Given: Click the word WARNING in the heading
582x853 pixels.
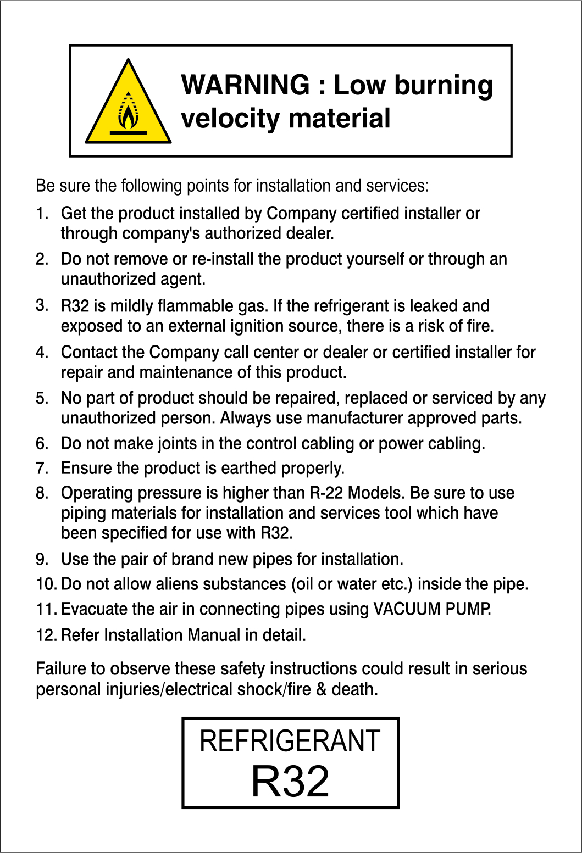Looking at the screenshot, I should tap(246, 85).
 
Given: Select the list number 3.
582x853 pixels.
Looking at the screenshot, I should tap(42, 305).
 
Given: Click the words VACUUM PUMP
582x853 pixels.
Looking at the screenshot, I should tap(432, 609).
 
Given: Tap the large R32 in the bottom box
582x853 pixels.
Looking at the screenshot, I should tap(290, 781).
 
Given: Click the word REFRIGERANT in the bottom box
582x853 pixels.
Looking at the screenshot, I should tap(290, 741).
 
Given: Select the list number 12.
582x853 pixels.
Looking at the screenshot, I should tap(46, 635).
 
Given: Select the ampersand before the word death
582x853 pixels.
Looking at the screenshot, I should tap(321, 689).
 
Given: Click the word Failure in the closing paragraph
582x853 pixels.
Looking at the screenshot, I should tap(60, 668).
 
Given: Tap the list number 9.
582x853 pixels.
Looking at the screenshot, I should tap(42, 560).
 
